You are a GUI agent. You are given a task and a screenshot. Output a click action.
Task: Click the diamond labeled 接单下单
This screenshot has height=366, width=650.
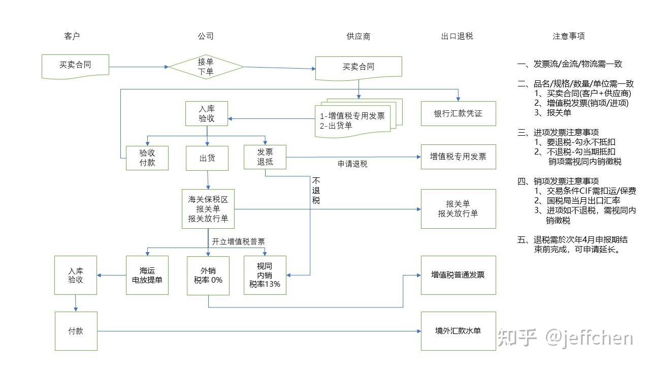tap(206, 67)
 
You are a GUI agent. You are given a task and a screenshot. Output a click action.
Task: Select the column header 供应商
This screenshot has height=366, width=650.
tap(359, 36)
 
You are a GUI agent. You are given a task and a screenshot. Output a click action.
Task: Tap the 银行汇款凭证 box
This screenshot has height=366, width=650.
tap(458, 113)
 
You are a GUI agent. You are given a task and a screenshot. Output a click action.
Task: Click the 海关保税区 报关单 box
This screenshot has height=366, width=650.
tap(208, 208)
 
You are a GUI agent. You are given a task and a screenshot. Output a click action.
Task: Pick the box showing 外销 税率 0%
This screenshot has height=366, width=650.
tap(208, 275)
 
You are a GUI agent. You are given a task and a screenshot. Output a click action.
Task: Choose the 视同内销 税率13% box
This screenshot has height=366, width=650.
tap(265, 275)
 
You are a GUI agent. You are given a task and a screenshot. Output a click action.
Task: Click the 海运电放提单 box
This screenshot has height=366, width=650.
tap(147, 275)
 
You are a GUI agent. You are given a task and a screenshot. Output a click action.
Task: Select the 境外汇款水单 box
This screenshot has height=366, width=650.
tap(458, 331)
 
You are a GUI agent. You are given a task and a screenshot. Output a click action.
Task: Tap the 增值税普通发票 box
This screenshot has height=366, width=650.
tap(458, 275)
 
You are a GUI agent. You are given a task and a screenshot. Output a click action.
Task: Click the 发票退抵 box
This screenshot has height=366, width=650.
tap(265, 157)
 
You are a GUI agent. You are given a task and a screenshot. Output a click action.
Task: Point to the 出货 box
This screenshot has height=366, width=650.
tap(207, 158)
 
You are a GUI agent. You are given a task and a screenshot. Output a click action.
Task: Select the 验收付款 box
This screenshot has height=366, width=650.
tap(147, 158)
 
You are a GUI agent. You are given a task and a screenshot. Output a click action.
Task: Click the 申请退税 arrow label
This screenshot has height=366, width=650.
tap(352, 164)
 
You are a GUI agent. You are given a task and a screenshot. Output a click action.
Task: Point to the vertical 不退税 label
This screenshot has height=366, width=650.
tap(316, 190)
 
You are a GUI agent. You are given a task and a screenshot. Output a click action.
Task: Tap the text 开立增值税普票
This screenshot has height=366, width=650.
tap(238, 241)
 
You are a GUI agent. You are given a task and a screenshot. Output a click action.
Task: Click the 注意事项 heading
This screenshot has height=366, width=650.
tap(568, 36)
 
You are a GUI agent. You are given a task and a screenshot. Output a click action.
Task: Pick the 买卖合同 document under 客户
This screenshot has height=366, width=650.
tap(75, 66)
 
